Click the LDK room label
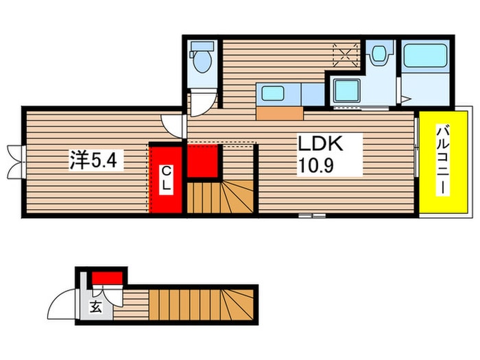click(319, 144)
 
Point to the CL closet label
click(166, 179)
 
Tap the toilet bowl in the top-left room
click(202, 60)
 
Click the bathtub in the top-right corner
click(425, 56)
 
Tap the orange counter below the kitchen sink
click(280, 113)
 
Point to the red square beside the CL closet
click(203, 161)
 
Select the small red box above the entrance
click(108, 278)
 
